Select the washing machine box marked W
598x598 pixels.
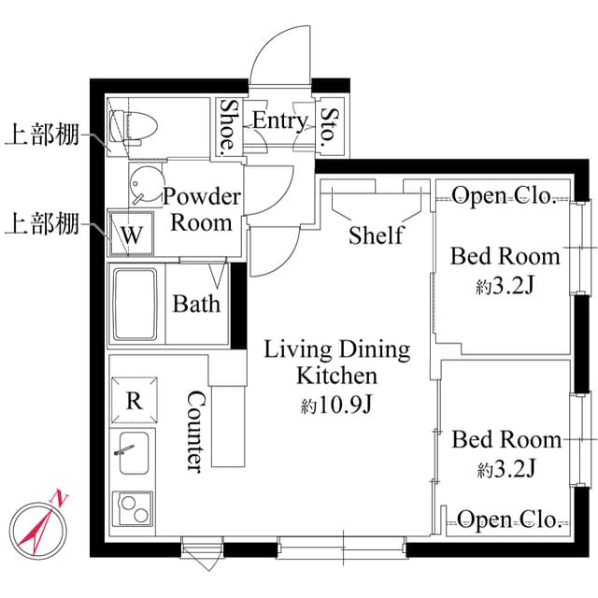tap(132, 234)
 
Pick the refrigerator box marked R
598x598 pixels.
tap(135, 401)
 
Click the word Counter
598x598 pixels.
tap(194, 431)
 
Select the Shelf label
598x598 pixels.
tap(376, 235)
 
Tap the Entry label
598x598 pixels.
tap(279, 121)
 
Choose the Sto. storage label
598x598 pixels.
tap(329, 126)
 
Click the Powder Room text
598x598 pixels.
tap(202, 210)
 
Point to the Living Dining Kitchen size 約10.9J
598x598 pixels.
tap(337, 406)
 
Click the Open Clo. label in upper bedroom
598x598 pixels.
tap(505, 195)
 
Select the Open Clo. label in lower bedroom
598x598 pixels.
tap(508, 520)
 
